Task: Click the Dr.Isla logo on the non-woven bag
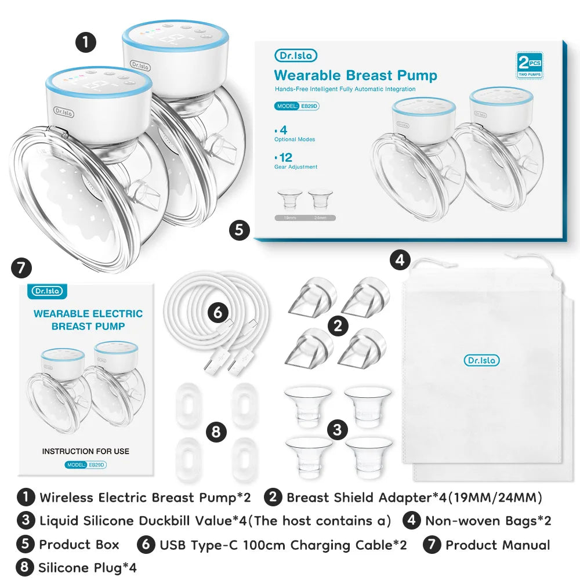pyautogui.click(x=481, y=360)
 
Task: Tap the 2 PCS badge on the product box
pyautogui.click(x=529, y=64)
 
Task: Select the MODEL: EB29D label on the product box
pyautogui.click(x=297, y=107)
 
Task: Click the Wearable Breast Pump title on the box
pyautogui.click(x=355, y=75)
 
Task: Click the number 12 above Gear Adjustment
pyautogui.click(x=285, y=157)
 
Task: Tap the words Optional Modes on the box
pyautogui.click(x=295, y=139)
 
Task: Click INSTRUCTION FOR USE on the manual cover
pyautogui.click(x=86, y=451)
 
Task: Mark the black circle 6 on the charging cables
pyautogui.click(x=217, y=313)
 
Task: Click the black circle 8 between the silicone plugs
pyautogui.click(x=216, y=432)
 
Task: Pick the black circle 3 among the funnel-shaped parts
pyautogui.click(x=337, y=429)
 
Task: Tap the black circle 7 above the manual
pyautogui.click(x=21, y=269)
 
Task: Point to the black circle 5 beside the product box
pyautogui.click(x=239, y=230)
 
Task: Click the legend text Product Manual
pyautogui.click(x=498, y=545)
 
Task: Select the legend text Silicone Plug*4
pyautogui.click(x=87, y=567)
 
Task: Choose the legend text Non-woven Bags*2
pyautogui.click(x=488, y=520)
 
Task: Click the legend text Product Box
pyautogui.click(x=79, y=545)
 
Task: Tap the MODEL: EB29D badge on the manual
pyautogui.click(x=86, y=465)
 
